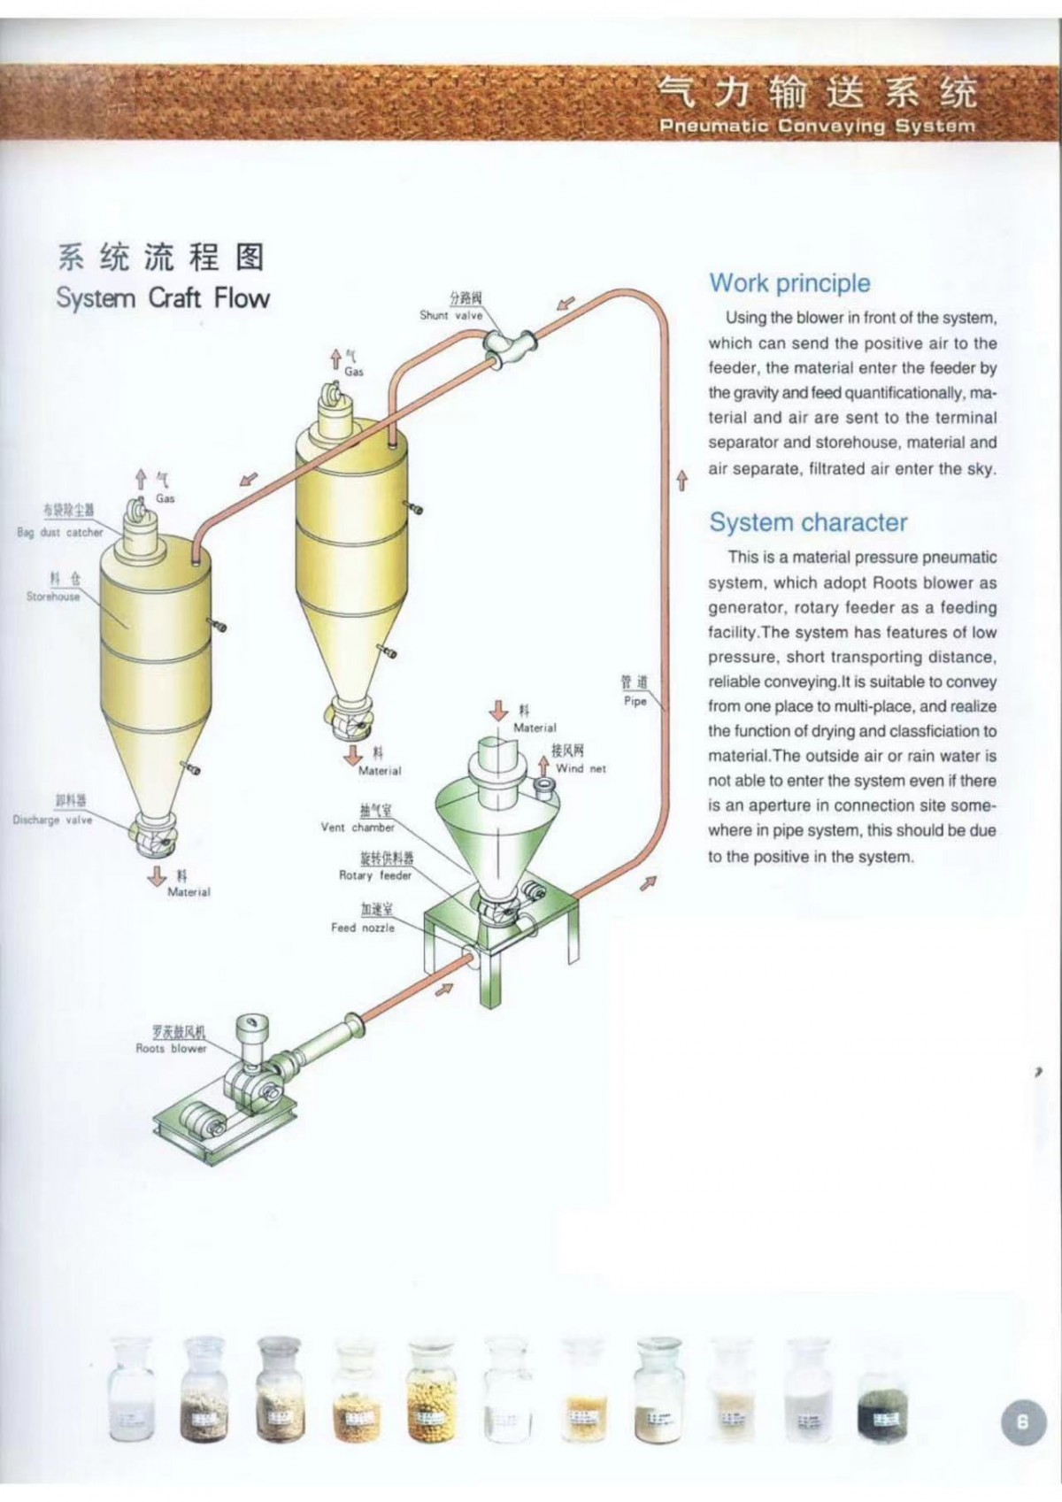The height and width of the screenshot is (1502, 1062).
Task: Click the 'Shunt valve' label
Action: tap(451, 315)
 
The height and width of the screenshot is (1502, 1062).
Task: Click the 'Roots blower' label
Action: tap(171, 1048)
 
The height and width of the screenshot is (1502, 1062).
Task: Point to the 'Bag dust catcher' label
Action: tap(60, 532)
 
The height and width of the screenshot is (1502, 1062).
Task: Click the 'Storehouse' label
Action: tap(53, 597)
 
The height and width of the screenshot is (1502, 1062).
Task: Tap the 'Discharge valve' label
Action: tap(52, 820)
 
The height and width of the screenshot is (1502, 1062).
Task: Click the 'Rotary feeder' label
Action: tap(375, 875)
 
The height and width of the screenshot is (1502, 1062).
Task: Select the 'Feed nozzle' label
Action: tap(363, 928)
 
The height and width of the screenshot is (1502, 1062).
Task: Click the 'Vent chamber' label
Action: tap(358, 828)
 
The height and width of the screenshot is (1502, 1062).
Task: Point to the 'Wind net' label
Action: tap(581, 768)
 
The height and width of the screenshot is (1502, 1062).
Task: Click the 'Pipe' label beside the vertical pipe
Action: tap(635, 701)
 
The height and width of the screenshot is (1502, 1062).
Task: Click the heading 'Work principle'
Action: tap(789, 284)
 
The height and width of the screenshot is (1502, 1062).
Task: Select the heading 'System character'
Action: tap(808, 522)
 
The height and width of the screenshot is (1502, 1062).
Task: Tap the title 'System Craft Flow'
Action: tap(163, 297)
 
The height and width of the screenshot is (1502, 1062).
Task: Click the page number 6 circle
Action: tap(1022, 1421)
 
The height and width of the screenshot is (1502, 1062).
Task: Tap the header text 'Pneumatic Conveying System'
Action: tap(817, 126)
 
